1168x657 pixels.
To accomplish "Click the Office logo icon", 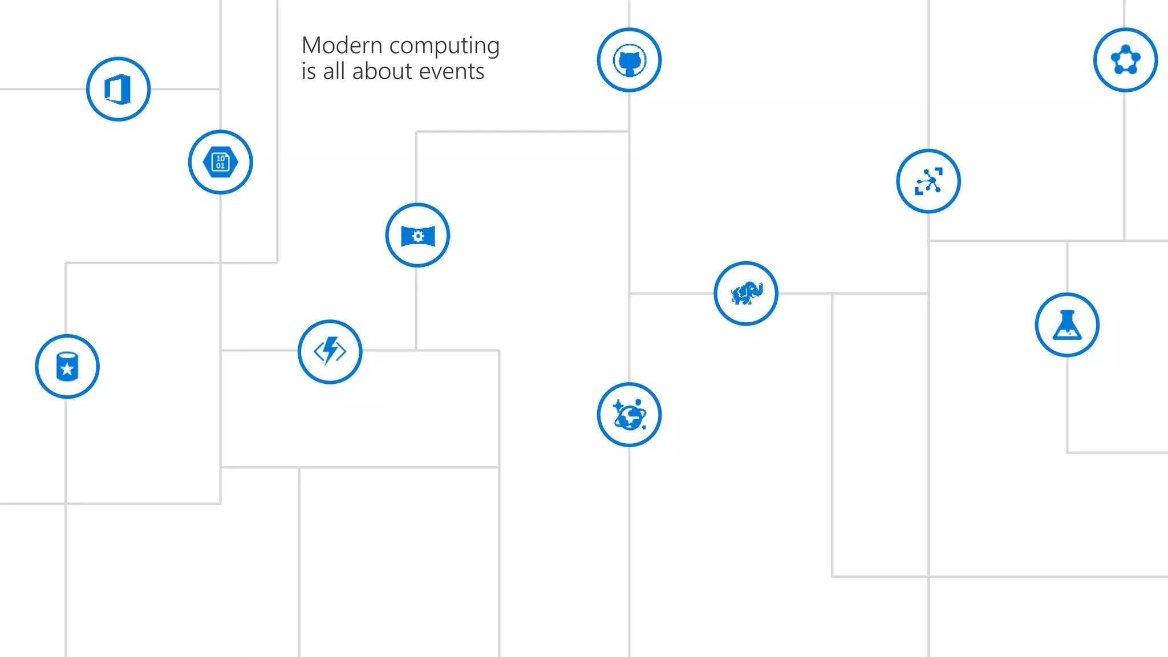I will pos(118,90).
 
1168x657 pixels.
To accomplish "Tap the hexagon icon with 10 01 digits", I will pos(221,163).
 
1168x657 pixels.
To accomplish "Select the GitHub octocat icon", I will pos(629,60).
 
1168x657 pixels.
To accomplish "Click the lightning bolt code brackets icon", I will pos(330,351).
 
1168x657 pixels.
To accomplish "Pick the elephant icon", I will pos(746,294).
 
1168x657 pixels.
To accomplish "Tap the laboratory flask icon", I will pos(1067,325).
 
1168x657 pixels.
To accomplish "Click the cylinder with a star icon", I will pos(67,367).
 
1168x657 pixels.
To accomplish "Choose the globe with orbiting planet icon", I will pos(629,415).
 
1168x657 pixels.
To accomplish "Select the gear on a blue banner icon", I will pos(417,236).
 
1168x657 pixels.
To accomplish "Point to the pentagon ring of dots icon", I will pos(1125,60).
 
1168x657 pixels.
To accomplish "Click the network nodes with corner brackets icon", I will pos(928,181).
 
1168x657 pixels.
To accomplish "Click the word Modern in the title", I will pos(342,46).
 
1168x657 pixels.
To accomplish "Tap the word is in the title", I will pos(309,72).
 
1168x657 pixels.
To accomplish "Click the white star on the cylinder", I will pos(67,369).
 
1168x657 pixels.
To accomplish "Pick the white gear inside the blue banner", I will pos(418,236).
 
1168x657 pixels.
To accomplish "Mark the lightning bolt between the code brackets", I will pos(330,350).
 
